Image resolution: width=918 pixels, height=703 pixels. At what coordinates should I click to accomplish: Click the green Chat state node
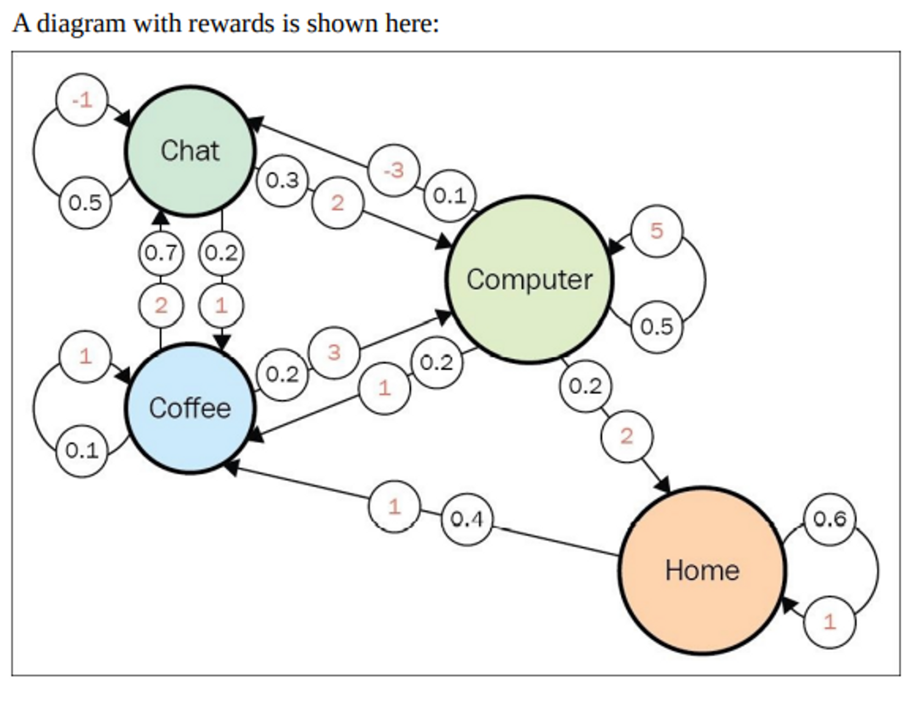coord(190,151)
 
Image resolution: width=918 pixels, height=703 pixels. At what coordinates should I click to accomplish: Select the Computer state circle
coord(529,280)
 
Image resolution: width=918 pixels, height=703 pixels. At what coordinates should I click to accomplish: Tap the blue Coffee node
coord(190,408)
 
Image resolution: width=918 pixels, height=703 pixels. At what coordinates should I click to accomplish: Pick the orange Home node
coord(702,570)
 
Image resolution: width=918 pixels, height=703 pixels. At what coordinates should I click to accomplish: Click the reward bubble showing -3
coord(394,171)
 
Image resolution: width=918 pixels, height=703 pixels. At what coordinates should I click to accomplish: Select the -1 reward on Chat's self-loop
coord(82,100)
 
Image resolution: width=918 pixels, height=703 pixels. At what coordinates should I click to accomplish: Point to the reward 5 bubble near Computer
coord(657,231)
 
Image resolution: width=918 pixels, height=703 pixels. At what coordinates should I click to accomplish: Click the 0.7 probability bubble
coord(161,253)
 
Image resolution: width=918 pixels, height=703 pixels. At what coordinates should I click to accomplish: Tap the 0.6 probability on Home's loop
coord(829,519)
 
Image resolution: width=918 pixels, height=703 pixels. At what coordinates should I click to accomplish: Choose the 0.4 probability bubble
coord(467,519)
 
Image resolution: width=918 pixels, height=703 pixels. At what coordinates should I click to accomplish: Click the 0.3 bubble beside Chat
coord(282,180)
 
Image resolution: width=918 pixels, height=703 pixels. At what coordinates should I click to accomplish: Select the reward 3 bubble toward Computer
coord(334,352)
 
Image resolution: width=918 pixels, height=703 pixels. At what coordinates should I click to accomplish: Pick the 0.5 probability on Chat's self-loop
coord(85,203)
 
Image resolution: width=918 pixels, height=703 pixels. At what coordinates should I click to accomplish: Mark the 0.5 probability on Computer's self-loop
coord(657,327)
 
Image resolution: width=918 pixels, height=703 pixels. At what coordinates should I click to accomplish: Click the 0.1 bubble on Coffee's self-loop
coord(82,451)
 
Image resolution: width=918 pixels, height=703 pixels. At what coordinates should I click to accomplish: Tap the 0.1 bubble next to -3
coord(450,196)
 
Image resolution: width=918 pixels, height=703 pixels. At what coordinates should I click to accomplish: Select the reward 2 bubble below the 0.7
coord(161,306)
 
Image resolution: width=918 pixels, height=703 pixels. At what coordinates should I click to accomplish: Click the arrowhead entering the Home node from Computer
coord(664,485)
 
